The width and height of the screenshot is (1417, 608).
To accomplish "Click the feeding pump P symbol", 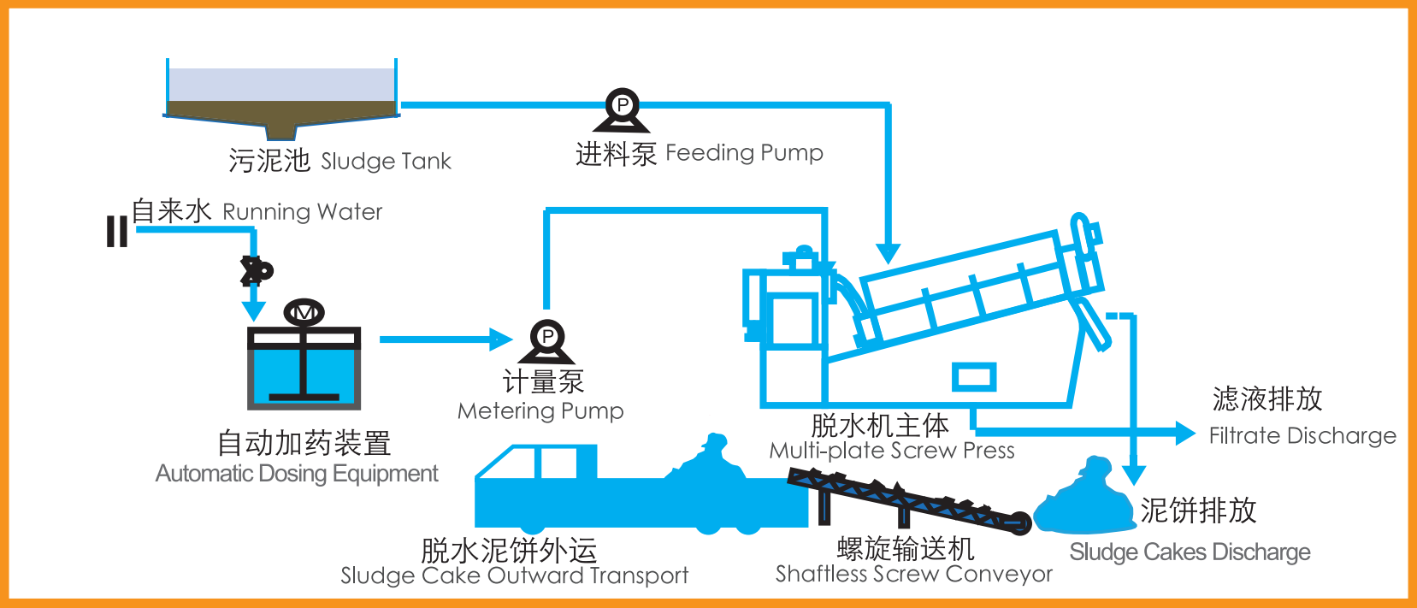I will (x=622, y=106).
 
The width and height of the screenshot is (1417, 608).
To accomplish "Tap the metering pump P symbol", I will (x=547, y=337).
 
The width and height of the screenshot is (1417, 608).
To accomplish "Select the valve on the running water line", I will (x=254, y=271).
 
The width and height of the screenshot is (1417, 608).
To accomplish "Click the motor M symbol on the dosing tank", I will (x=304, y=313).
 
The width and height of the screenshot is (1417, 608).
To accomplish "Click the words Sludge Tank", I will (x=386, y=162).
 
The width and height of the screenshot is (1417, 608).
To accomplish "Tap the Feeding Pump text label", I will (x=744, y=153).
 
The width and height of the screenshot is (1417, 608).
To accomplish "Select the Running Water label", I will (x=302, y=212).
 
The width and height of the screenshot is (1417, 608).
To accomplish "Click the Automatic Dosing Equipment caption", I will (x=297, y=474).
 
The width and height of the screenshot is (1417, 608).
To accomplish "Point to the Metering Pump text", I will (x=540, y=411).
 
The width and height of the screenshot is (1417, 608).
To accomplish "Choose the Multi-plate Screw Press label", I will (x=891, y=451).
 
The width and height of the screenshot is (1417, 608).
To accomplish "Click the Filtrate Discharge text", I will (x=1302, y=436).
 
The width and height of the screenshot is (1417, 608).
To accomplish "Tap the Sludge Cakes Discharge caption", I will (x=1190, y=552).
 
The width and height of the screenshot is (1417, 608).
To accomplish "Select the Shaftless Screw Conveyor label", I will (x=913, y=574).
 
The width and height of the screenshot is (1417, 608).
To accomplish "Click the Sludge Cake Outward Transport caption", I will (x=514, y=576).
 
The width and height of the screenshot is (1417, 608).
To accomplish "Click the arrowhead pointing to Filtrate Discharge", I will (x=1185, y=434).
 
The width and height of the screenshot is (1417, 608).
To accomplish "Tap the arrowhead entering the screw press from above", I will (x=889, y=253).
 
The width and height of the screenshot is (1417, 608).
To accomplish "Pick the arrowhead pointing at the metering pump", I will (x=500, y=339).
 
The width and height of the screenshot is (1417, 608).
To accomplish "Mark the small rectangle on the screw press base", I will (x=974, y=376).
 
